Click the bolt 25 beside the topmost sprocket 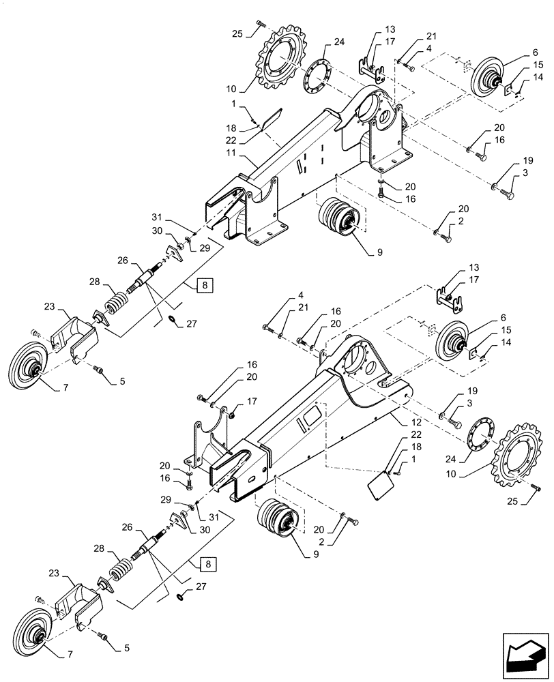(259, 25)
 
